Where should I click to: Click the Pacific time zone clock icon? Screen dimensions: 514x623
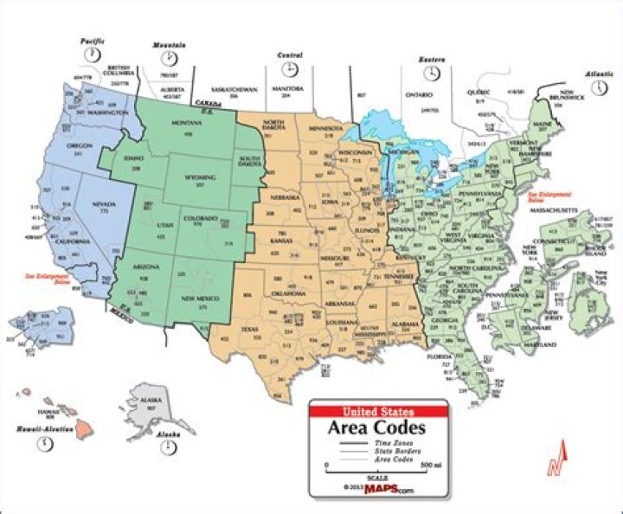[x=93, y=54]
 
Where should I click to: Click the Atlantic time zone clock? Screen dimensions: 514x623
[x=597, y=87]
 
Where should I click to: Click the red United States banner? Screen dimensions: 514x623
[x=379, y=411]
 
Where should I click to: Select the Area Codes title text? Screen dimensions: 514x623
[x=379, y=427]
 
